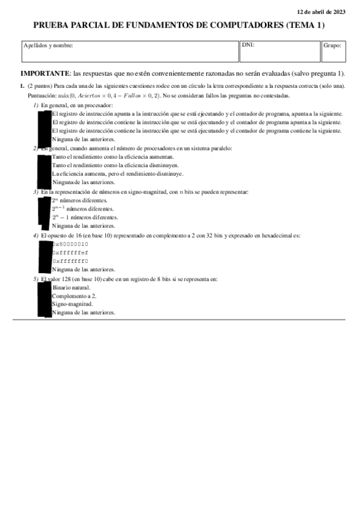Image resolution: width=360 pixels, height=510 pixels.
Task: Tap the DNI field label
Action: (247, 45)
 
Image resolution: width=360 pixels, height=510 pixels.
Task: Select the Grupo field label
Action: (332, 45)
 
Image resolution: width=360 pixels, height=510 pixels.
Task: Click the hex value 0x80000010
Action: (70, 244)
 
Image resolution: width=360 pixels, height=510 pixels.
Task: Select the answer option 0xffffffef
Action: (70, 253)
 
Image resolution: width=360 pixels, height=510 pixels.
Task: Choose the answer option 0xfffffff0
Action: (70, 261)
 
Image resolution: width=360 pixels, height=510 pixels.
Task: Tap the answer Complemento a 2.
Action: (75, 296)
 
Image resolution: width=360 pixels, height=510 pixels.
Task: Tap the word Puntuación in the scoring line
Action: (40, 96)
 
